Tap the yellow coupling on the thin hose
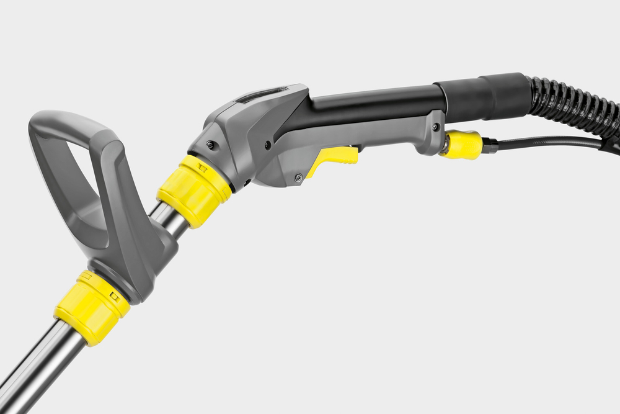[x=462, y=145]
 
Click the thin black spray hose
[x=546, y=142]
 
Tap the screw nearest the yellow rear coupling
[x=436, y=127]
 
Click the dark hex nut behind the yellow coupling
[x=490, y=146]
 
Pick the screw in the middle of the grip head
[x=267, y=145]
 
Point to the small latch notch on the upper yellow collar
[x=203, y=166]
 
